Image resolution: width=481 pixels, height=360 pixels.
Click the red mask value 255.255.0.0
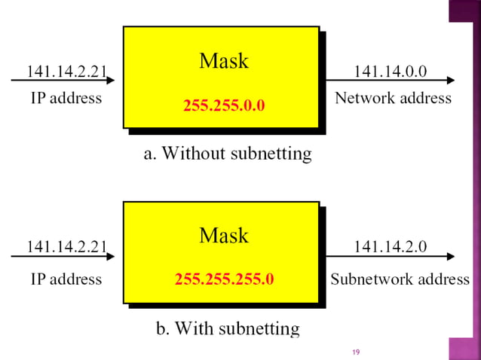224,105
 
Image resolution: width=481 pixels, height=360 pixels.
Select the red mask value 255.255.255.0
224,280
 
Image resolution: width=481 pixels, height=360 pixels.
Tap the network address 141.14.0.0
390,72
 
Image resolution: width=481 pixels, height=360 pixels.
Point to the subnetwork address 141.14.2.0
390,246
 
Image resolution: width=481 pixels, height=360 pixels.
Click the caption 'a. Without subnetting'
228,154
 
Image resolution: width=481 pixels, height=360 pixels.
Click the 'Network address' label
393,98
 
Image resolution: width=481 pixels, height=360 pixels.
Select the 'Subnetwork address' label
400,279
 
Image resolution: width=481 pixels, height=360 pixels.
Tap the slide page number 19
357,352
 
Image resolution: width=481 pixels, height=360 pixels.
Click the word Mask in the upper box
224,61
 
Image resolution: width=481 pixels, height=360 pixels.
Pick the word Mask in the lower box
224,236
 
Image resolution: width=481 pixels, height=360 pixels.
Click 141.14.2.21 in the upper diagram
66,72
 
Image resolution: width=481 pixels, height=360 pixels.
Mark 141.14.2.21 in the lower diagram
66,246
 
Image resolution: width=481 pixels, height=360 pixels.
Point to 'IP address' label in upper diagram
66,98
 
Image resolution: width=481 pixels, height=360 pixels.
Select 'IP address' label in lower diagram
66,279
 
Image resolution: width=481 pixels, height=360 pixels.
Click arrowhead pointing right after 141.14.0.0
450,81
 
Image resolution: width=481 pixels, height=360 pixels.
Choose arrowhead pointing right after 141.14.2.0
450,256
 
